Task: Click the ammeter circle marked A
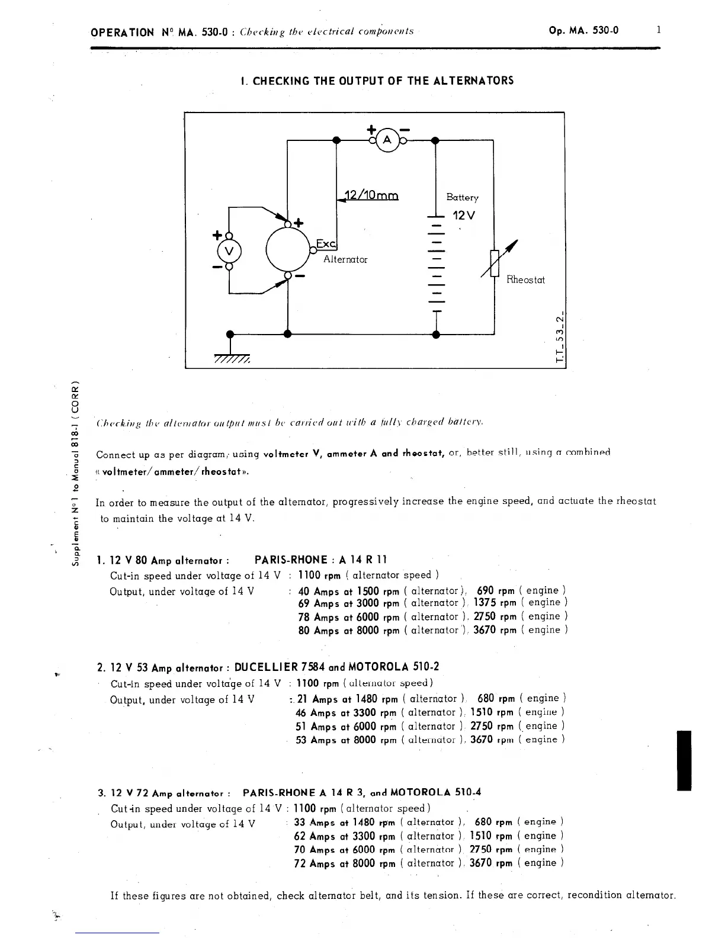coord(388,140)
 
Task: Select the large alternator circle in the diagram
coord(288,249)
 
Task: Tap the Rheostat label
coord(525,280)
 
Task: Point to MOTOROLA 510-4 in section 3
coord(435,792)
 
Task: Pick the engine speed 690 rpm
coord(495,590)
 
